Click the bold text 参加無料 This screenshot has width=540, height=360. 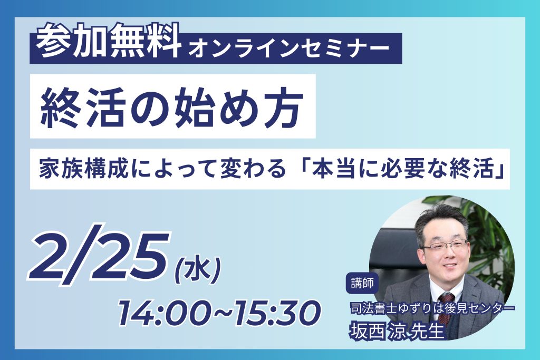pos(109,41)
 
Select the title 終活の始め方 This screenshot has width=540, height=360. pos(172,106)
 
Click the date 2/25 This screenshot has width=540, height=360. pos(100,257)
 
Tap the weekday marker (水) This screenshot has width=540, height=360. pos(197,273)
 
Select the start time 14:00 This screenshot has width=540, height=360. pos(165,313)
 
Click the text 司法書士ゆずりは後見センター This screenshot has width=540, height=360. pos(432,308)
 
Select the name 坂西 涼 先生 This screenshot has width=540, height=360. pos(397,330)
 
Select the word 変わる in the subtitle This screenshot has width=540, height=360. pos(253,169)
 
